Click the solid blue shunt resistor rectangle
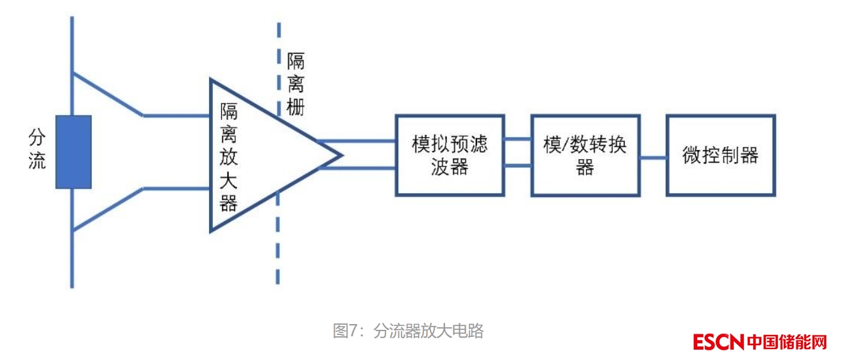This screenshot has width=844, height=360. [x=73, y=152]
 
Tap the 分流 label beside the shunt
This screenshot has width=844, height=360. [x=37, y=149]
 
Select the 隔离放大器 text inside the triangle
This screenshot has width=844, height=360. [x=229, y=158]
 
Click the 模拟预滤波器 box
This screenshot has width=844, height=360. [x=449, y=155]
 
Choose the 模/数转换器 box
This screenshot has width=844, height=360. [x=584, y=155]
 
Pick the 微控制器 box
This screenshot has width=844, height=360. [x=720, y=155]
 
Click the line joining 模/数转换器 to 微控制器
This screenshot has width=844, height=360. [x=653, y=156]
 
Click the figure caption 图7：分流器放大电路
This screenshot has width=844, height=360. [x=408, y=331]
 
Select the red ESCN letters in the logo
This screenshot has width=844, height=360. [x=718, y=342]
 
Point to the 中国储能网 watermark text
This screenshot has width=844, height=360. [x=787, y=342]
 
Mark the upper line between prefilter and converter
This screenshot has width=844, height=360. [x=517, y=138]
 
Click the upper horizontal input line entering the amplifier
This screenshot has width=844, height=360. [x=176, y=116]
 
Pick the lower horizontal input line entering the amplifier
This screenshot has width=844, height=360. [x=176, y=189]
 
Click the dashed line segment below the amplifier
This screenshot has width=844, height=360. [x=278, y=257]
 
